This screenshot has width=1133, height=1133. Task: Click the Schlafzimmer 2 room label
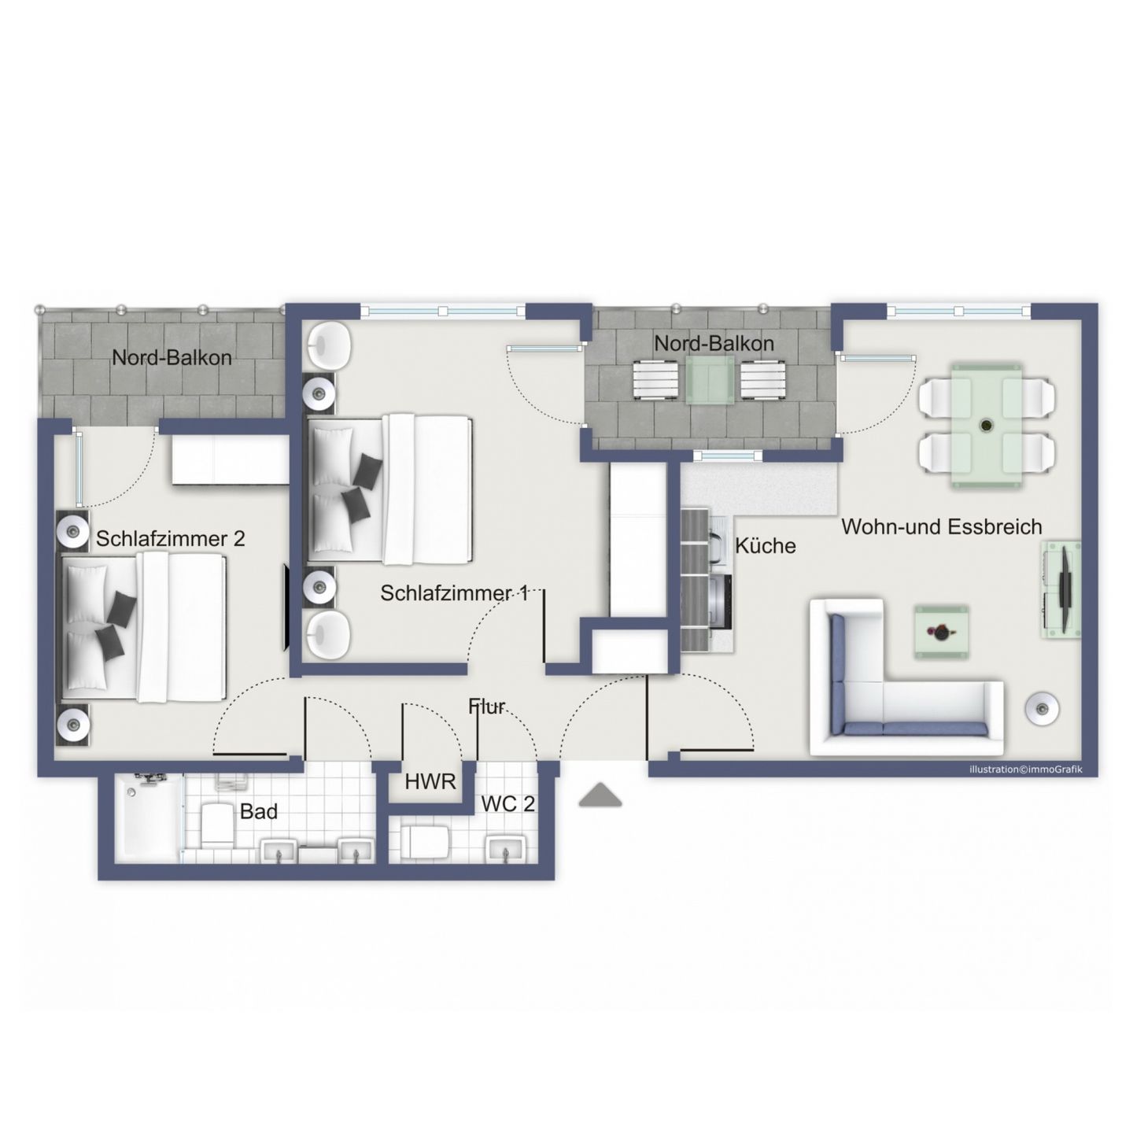[x=170, y=539]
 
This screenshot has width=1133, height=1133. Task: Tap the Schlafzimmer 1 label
[x=454, y=592]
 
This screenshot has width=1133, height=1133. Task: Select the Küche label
[x=766, y=545]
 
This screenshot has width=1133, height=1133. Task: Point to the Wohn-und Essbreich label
[x=942, y=527]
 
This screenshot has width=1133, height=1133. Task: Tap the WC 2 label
[x=508, y=804]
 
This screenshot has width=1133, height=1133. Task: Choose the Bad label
[x=259, y=811]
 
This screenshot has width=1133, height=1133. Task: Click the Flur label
[x=487, y=707]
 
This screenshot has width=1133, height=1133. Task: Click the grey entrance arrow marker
[x=600, y=796]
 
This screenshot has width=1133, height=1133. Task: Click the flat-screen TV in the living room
[x=1065, y=589]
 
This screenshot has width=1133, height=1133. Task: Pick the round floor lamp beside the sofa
[x=1043, y=708]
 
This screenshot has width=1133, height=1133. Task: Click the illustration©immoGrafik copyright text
[x=1025, y=769]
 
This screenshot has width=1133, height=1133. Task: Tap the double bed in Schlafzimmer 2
[x=142, y=627]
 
